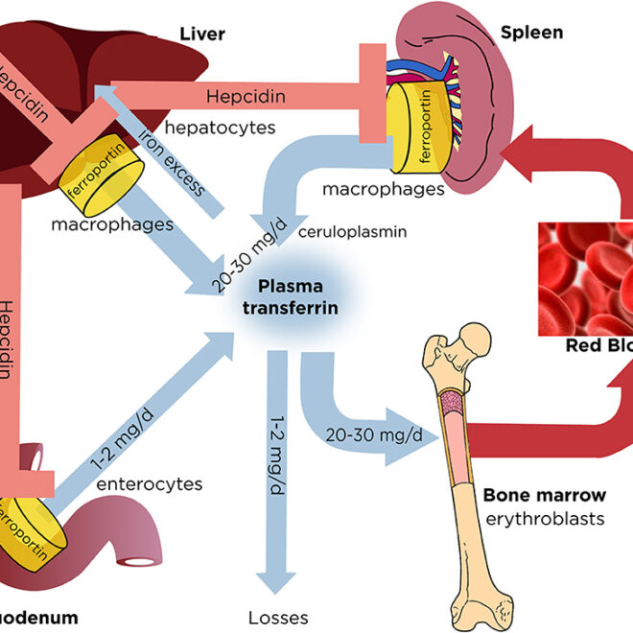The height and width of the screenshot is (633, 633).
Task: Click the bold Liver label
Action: [201, 35]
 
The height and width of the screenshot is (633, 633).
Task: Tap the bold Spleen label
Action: [531, 33]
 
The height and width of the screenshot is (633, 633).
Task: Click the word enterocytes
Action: [150, 484]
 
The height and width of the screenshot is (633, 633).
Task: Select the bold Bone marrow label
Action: [544, 496]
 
